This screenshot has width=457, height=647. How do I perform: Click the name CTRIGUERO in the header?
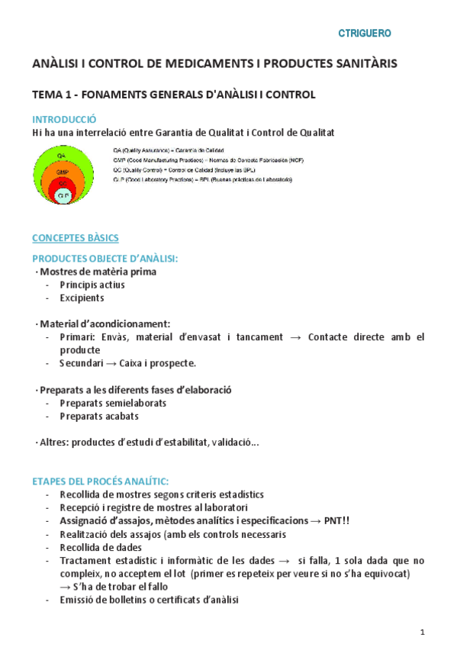point(365,34)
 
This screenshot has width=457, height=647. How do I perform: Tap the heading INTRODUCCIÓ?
point(64,119)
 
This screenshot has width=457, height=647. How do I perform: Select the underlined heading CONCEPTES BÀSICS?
point(75,238)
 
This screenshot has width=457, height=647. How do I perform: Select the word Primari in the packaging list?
point(77,336)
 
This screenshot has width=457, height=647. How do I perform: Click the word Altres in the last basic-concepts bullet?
point(53,443)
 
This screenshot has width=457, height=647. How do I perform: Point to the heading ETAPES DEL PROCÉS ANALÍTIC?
point(101,481)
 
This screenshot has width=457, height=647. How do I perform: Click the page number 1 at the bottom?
point(422,632)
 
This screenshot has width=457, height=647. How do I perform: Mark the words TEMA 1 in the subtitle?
point(52,95)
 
